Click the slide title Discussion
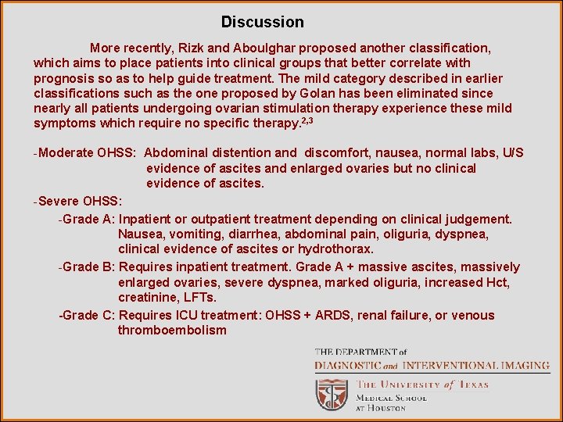(x=262, y=22)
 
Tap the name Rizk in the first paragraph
(x=178, y=48)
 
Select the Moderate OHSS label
(x=87, y=152)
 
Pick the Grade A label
(x=89, y=219)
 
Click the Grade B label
(x=89, y=267)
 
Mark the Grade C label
(x=89, y=316)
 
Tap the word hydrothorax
(x=336, y=249)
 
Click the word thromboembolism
(x=172, y=331)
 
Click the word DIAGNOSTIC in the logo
(x=347, y=365)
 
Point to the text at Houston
(x=381, y=408)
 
